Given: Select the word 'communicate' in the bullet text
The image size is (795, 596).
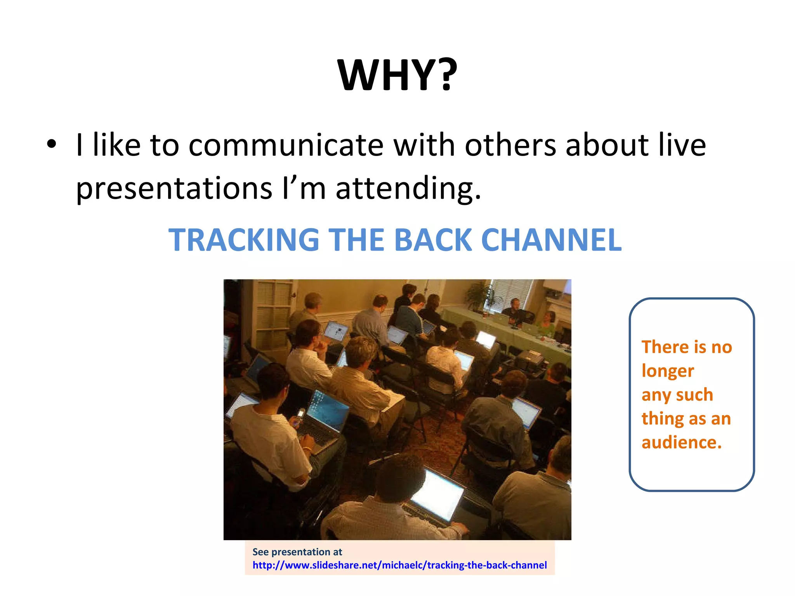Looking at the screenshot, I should tap(286, 146).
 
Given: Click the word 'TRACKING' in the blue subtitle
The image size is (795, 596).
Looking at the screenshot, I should tap(244, 240).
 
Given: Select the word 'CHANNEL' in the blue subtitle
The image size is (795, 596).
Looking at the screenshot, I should tap(551, 240).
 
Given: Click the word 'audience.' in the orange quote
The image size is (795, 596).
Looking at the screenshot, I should tap(681, 442).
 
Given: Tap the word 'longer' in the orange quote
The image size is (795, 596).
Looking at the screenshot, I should tap(668, 371).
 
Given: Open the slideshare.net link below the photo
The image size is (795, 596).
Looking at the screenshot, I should tap(399, 565).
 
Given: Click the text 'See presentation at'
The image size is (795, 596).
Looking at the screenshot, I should tap(297, 552).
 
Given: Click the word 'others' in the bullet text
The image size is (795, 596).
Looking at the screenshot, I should tap(510, 146).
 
